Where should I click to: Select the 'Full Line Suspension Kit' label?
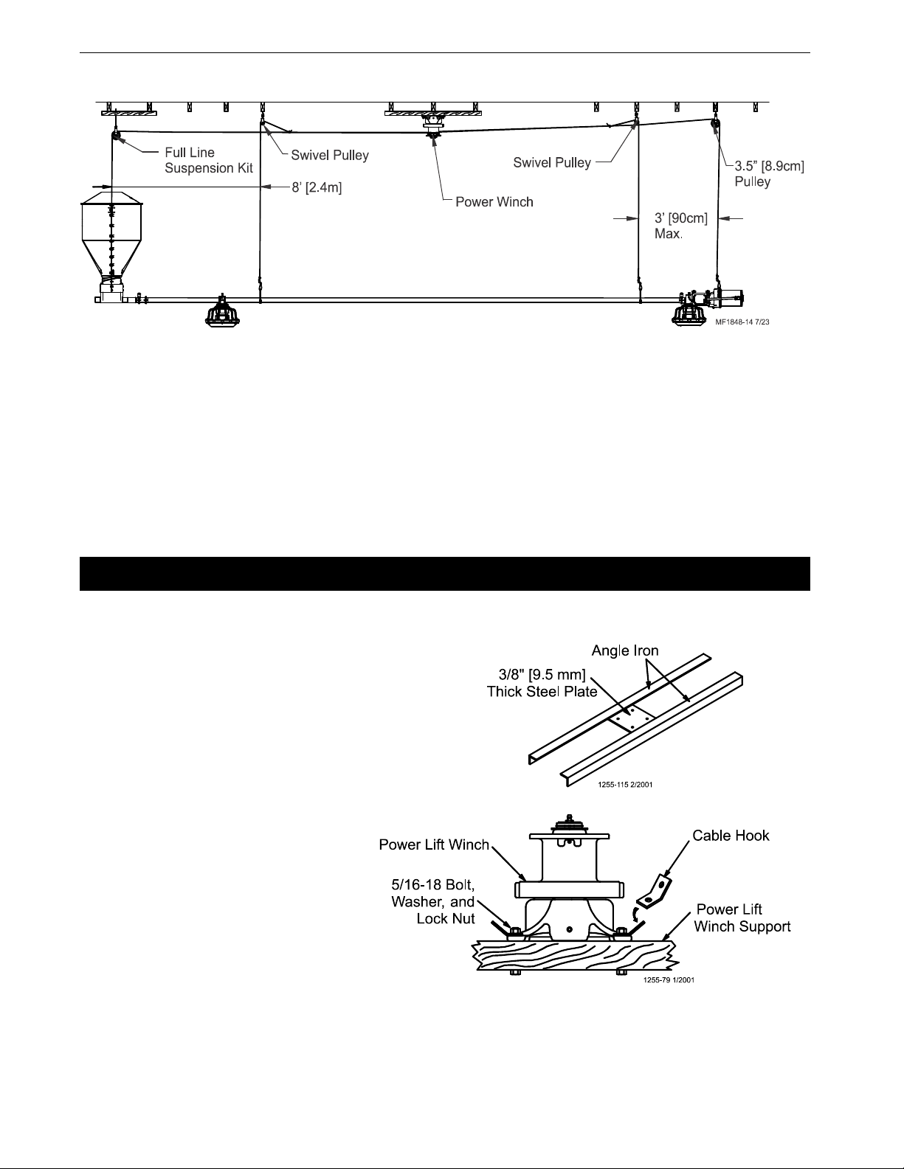pos(209,160)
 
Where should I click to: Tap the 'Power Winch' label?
pos(494,202)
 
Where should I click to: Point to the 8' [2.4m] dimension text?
pos(317,188)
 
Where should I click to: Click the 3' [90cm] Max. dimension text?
pos(680,226)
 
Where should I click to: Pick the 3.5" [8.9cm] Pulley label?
pos(770,174)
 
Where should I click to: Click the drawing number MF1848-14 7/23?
pos(742,322)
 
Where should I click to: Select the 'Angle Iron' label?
pos(625,651)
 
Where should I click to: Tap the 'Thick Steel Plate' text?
pos(542,691)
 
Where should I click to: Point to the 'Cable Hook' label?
pos(731,836)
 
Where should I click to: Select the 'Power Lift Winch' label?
pos(434,844)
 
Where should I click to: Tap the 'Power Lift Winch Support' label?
pos(742,917)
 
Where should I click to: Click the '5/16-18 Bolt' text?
pos(432,885)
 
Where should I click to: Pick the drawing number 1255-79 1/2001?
pos(669,980)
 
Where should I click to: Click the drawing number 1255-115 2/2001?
pos(625,785)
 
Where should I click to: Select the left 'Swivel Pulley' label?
pos(330,156)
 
